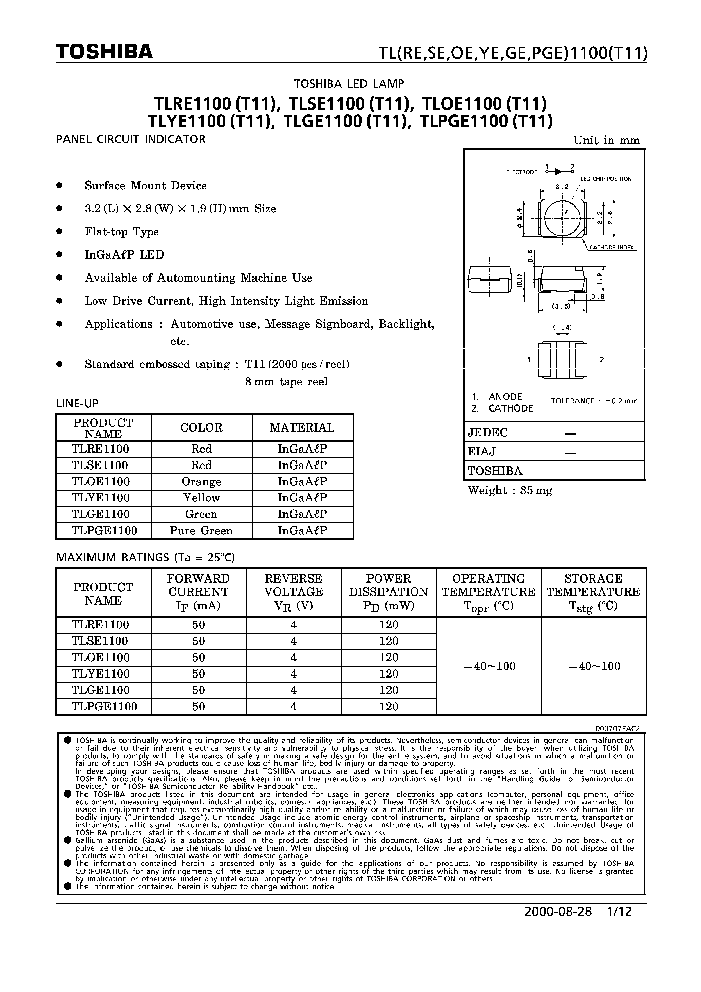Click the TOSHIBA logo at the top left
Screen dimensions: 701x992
[104, 52]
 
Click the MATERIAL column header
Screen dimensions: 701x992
[302, 428]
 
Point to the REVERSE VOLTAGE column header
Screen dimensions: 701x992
[293, 592]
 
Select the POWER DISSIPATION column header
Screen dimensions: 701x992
[389, 592]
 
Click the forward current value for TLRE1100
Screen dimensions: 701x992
[198, 625]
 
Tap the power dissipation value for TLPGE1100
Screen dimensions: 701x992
[389, 706]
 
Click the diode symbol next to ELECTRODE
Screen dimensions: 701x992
[560, 172]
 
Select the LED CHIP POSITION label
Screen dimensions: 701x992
[606, 179]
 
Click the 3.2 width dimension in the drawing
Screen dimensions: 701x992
[562, 187]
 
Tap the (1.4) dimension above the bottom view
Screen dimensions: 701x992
[562, 327]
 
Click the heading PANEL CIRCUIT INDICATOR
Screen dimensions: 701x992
[131, 139]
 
